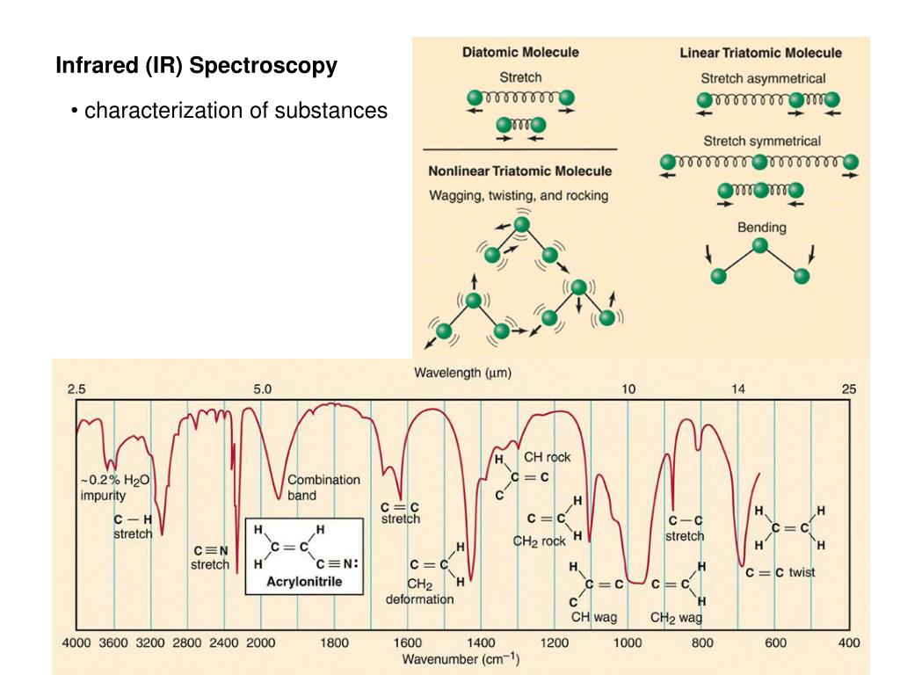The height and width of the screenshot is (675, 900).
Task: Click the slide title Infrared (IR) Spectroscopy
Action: coord(196,66)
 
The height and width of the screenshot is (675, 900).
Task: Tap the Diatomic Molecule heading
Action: coord(520,52)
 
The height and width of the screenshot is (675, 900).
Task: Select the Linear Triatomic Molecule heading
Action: coord(760,53)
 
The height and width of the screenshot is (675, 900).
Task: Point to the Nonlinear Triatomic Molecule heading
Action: coord(519,171)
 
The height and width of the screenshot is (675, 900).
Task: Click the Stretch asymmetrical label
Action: coord(763,78)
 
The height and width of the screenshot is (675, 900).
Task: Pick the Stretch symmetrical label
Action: coord(761,141)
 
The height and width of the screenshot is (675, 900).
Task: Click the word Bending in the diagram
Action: coord(761,228)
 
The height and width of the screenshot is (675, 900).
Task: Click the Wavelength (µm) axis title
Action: coord(462,373)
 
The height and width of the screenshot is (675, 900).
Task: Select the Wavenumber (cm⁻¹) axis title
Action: coord(461,658)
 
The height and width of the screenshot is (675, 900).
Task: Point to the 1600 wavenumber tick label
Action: coord(407,643)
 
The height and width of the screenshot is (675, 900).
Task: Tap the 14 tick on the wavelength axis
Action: coord(737,388)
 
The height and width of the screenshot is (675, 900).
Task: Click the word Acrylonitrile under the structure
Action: coord(304,581)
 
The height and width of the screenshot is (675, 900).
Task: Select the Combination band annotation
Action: coord(323,487)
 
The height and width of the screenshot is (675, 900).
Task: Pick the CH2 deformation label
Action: coord(419,592)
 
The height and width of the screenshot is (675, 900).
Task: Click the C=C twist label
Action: coord(780,572)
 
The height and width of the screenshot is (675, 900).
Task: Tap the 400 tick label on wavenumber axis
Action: coord(849,643)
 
